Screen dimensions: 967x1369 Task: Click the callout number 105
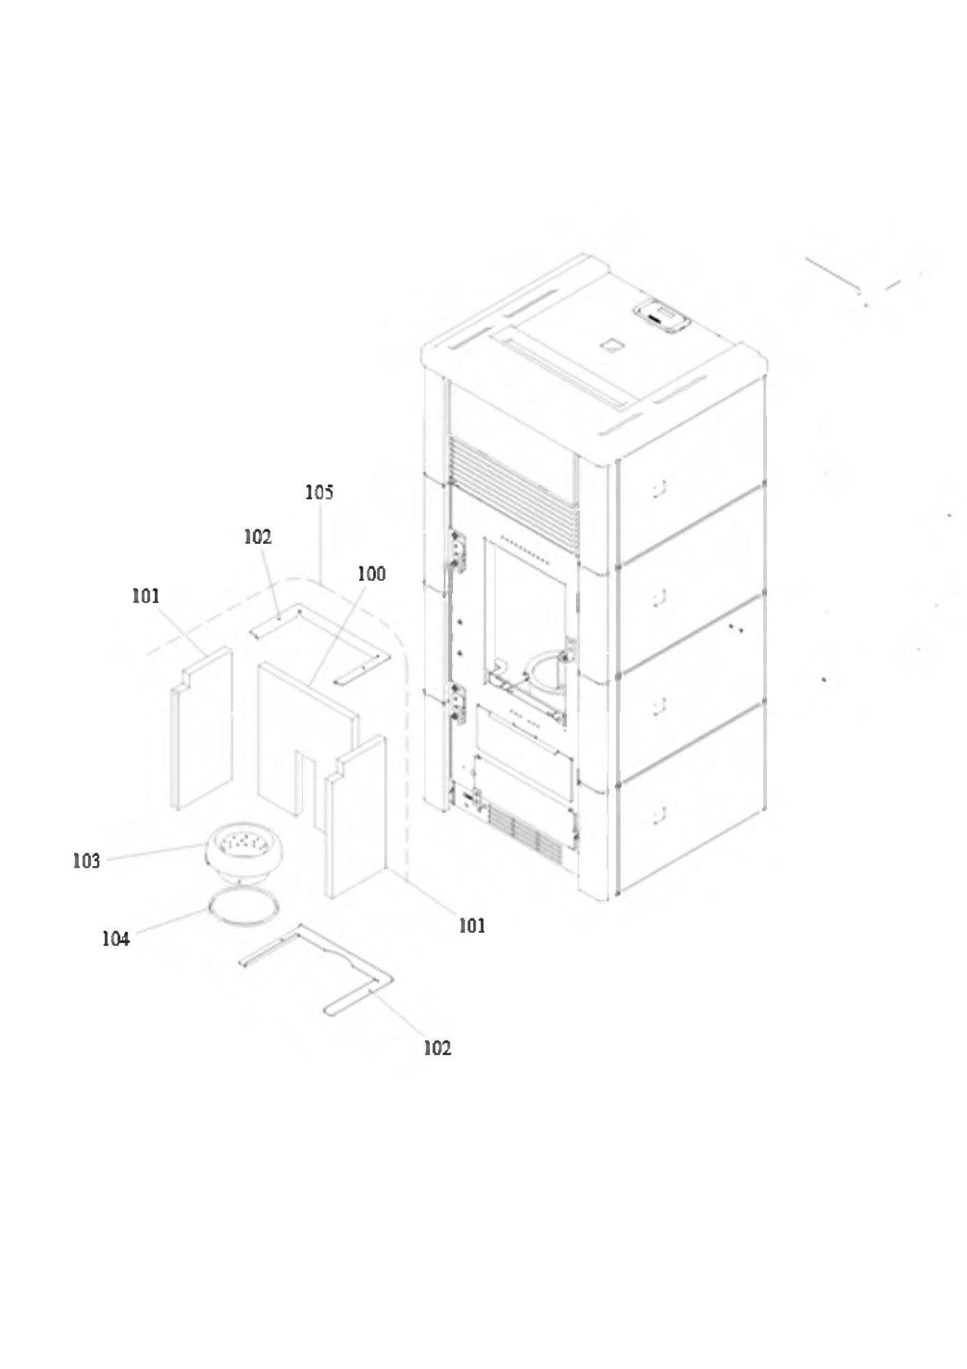coord(320,492)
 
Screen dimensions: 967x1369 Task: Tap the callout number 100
coord(372,573)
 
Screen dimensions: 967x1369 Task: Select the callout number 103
coord(86,861)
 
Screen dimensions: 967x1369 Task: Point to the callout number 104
coord(115,939)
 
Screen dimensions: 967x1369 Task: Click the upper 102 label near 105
coord(258,537)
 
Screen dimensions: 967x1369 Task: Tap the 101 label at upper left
coord(145,596)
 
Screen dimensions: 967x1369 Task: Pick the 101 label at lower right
coord(472,926)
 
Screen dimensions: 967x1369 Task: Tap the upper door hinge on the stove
coord(457,551)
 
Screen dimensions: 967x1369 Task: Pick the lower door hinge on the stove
coord(457,703)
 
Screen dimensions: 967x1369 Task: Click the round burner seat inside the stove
coord(546,673)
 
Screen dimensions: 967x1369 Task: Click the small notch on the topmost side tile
coord(658,487)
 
